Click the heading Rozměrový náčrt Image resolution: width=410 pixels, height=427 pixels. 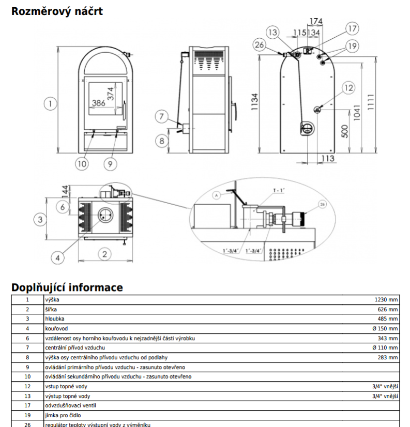[57, 11]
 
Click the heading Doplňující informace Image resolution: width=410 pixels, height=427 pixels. [67, 287]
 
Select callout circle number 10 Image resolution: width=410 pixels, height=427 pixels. [82, 164]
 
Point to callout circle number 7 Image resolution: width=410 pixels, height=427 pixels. [161, 116]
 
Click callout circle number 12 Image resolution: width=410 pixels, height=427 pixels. [348, 88]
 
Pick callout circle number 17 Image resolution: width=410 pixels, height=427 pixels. [352, 29]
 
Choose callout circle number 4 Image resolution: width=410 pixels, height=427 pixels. [58, 257]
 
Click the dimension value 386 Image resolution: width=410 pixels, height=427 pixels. [98, 103]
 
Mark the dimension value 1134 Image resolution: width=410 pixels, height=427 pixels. [253, 105]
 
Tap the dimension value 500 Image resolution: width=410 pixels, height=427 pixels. [344, 130]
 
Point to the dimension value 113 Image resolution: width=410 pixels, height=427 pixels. [328, 158]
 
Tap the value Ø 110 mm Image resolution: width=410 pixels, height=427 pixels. [385, 347]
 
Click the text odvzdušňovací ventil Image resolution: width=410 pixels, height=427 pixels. [71, 406]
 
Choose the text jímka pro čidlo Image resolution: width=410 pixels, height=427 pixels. [63, 415]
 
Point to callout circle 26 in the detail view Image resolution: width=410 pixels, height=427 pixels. [323, 205]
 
